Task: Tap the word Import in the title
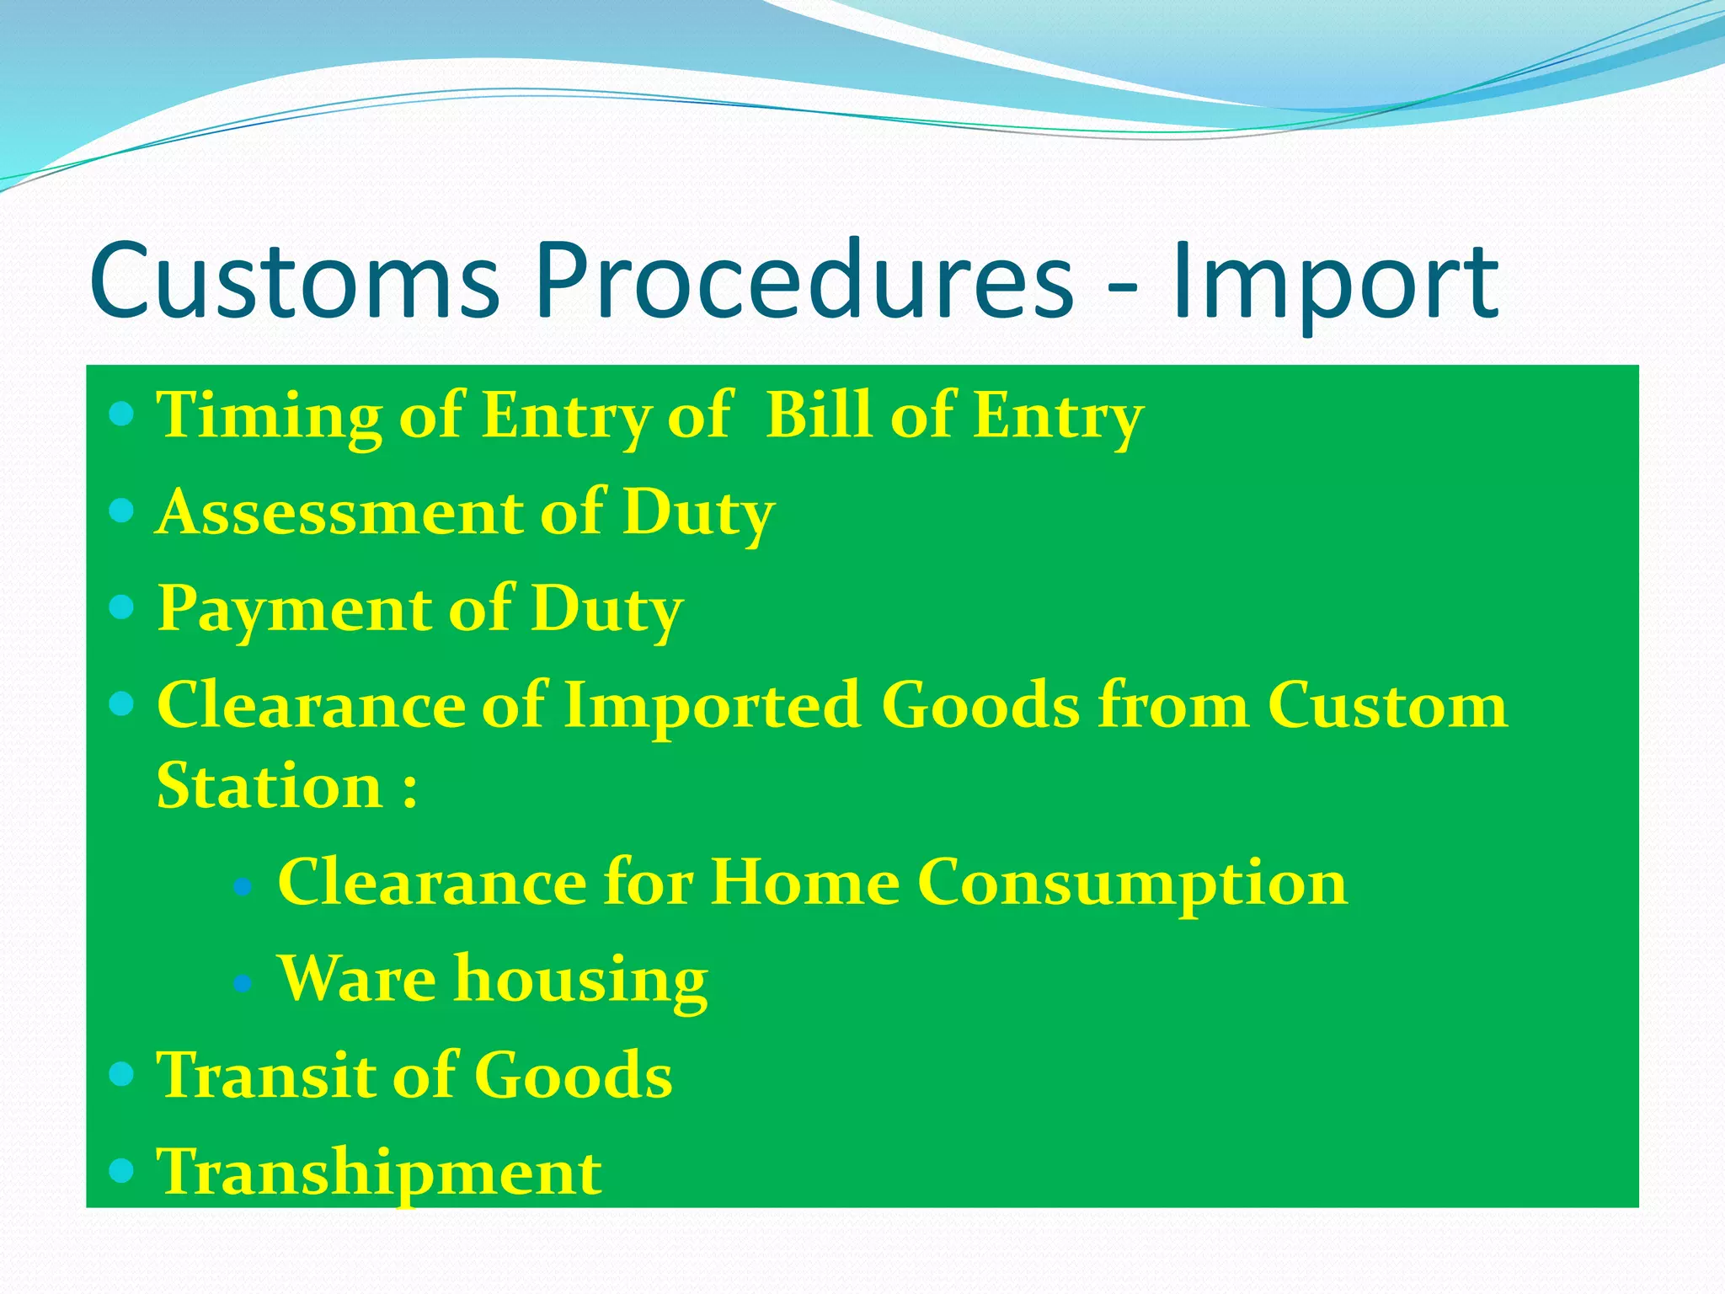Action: pyautogui.click(x=1335, y=282)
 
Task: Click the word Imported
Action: pyautogui.click(x=713, y=704)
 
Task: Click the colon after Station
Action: pyautogui.click(x=410, y=789)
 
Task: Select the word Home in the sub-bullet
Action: pyautogui.click(x=804, y=882)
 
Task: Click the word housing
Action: pyautogui.click(x=581, y=981)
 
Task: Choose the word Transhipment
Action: pyautogui.click(x=379, y=1173)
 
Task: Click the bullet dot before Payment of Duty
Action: pyautogui.click(x=122, y=607)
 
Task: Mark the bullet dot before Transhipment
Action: pyautogui.click(x=122, y=1170)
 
